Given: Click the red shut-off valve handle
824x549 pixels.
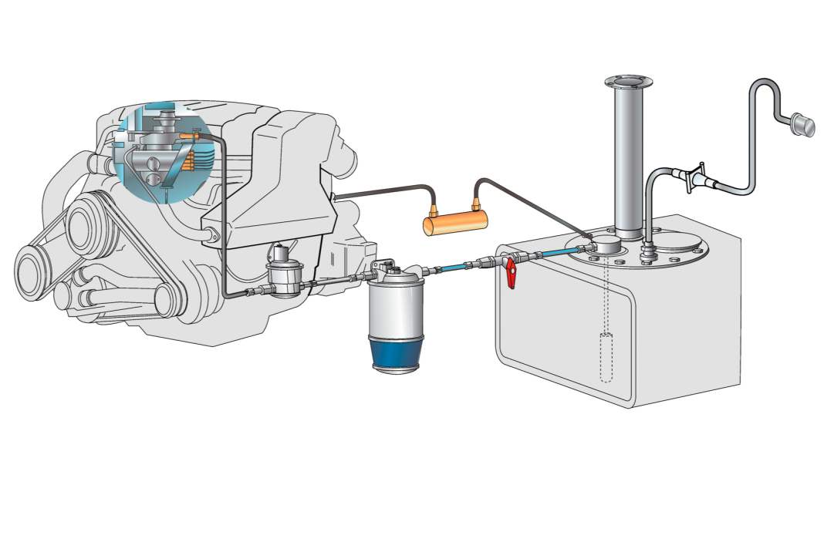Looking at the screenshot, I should click(510, 275).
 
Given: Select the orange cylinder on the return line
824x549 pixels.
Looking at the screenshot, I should click(456, 224).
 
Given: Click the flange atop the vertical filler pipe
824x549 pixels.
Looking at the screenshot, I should click(630, 83).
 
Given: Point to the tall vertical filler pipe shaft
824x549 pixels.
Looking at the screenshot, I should click(629, 162).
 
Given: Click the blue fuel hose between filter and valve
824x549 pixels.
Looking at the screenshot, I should click(458, 267).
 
